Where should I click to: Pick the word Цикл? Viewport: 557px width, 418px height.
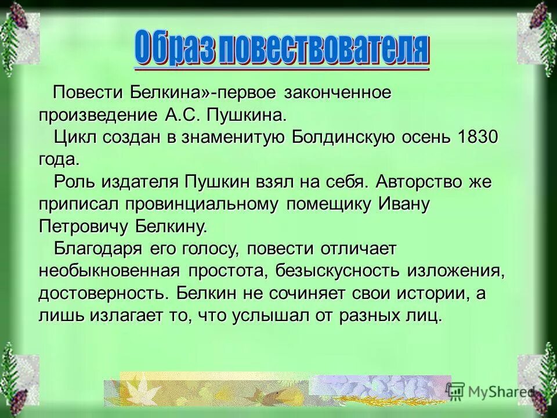(75, 138)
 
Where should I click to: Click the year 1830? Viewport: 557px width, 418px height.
(478, 138)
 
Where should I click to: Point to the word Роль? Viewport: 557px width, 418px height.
(76, 182)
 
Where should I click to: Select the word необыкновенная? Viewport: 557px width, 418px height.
(110, 271)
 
